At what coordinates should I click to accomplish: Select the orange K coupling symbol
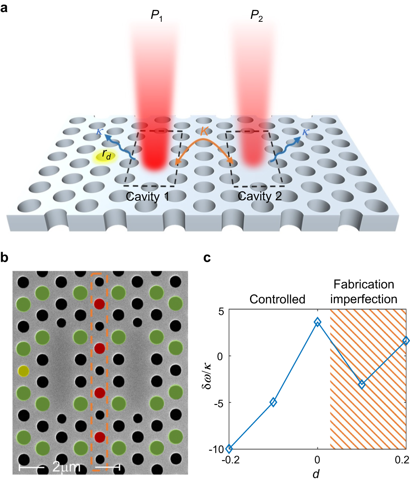[204, 131]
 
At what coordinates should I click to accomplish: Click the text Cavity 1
[148, 196]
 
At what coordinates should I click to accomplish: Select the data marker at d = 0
[318, 322]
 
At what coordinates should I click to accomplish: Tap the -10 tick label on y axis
[217, 449]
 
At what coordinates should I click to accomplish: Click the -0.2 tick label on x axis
[229, 460]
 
